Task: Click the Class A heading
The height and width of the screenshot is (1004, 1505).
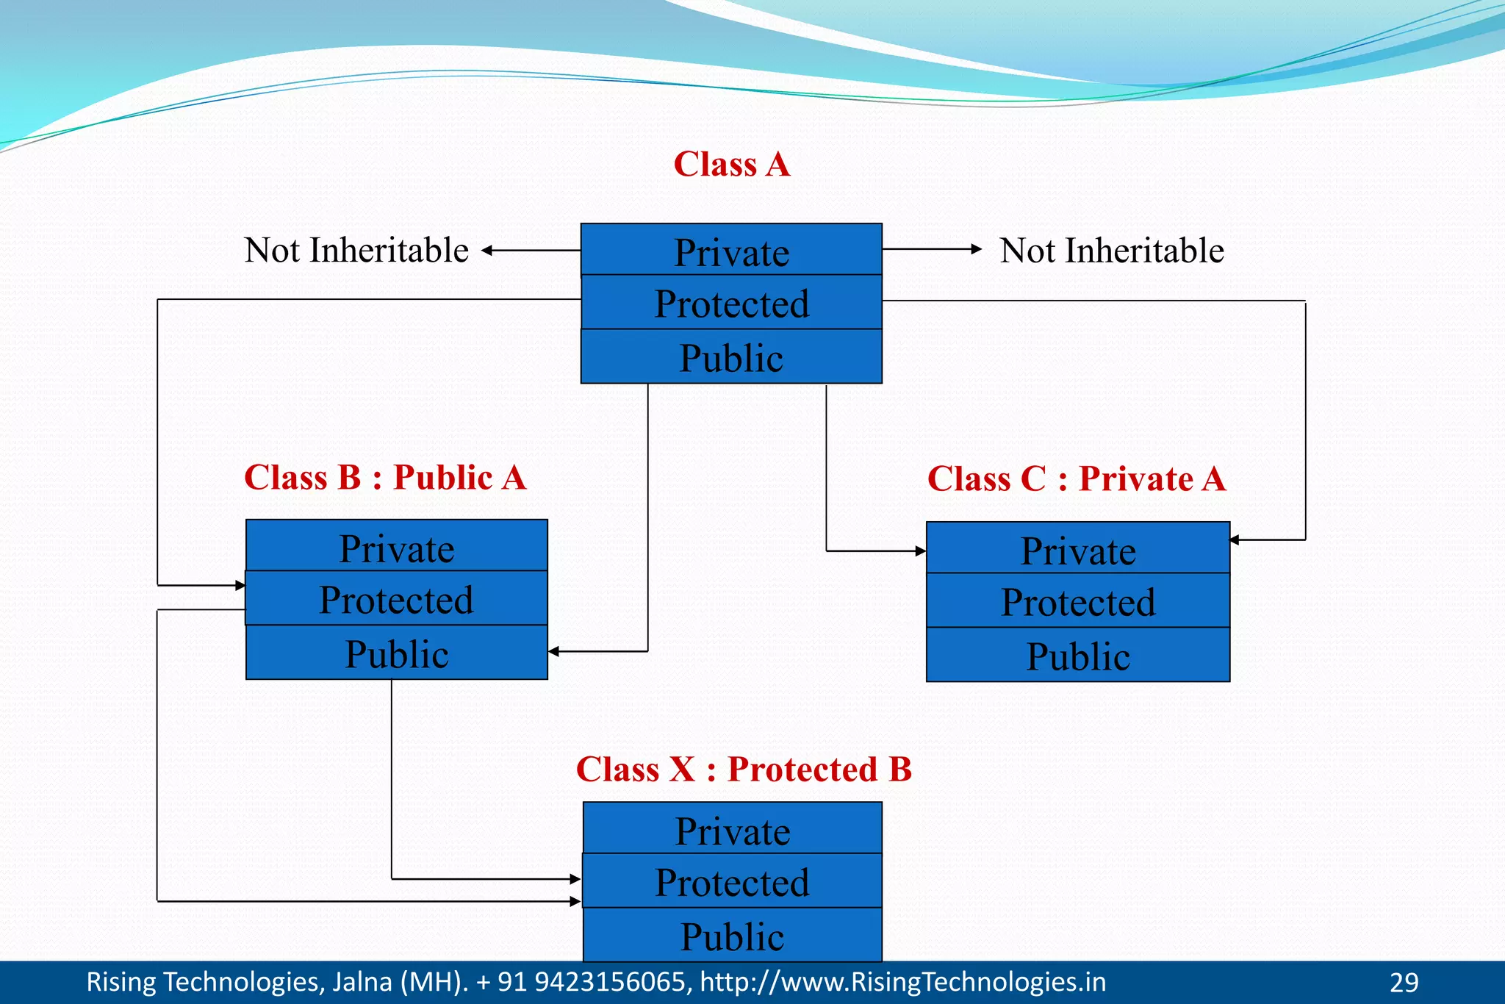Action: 732,164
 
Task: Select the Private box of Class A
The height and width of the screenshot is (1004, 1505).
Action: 731,251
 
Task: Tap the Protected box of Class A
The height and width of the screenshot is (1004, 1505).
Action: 731,303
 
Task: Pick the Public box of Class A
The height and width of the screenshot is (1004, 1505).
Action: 731,357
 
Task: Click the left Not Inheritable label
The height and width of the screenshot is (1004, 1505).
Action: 356,251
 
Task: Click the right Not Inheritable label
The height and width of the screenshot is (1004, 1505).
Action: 1112,251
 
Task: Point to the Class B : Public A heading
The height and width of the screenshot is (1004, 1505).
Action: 385,478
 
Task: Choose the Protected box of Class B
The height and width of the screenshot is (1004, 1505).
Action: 397,599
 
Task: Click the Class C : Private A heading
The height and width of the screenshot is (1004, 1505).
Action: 1077,479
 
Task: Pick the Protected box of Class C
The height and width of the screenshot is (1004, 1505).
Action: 1078,601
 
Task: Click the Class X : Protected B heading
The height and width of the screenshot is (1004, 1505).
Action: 744,770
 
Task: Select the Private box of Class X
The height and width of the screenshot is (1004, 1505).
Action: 733,829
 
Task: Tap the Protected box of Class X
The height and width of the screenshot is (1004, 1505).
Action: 733,881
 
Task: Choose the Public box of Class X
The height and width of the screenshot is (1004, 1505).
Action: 733,936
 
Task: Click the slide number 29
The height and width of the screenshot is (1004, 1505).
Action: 1404,983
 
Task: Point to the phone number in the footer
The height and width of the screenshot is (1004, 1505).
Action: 583,983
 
